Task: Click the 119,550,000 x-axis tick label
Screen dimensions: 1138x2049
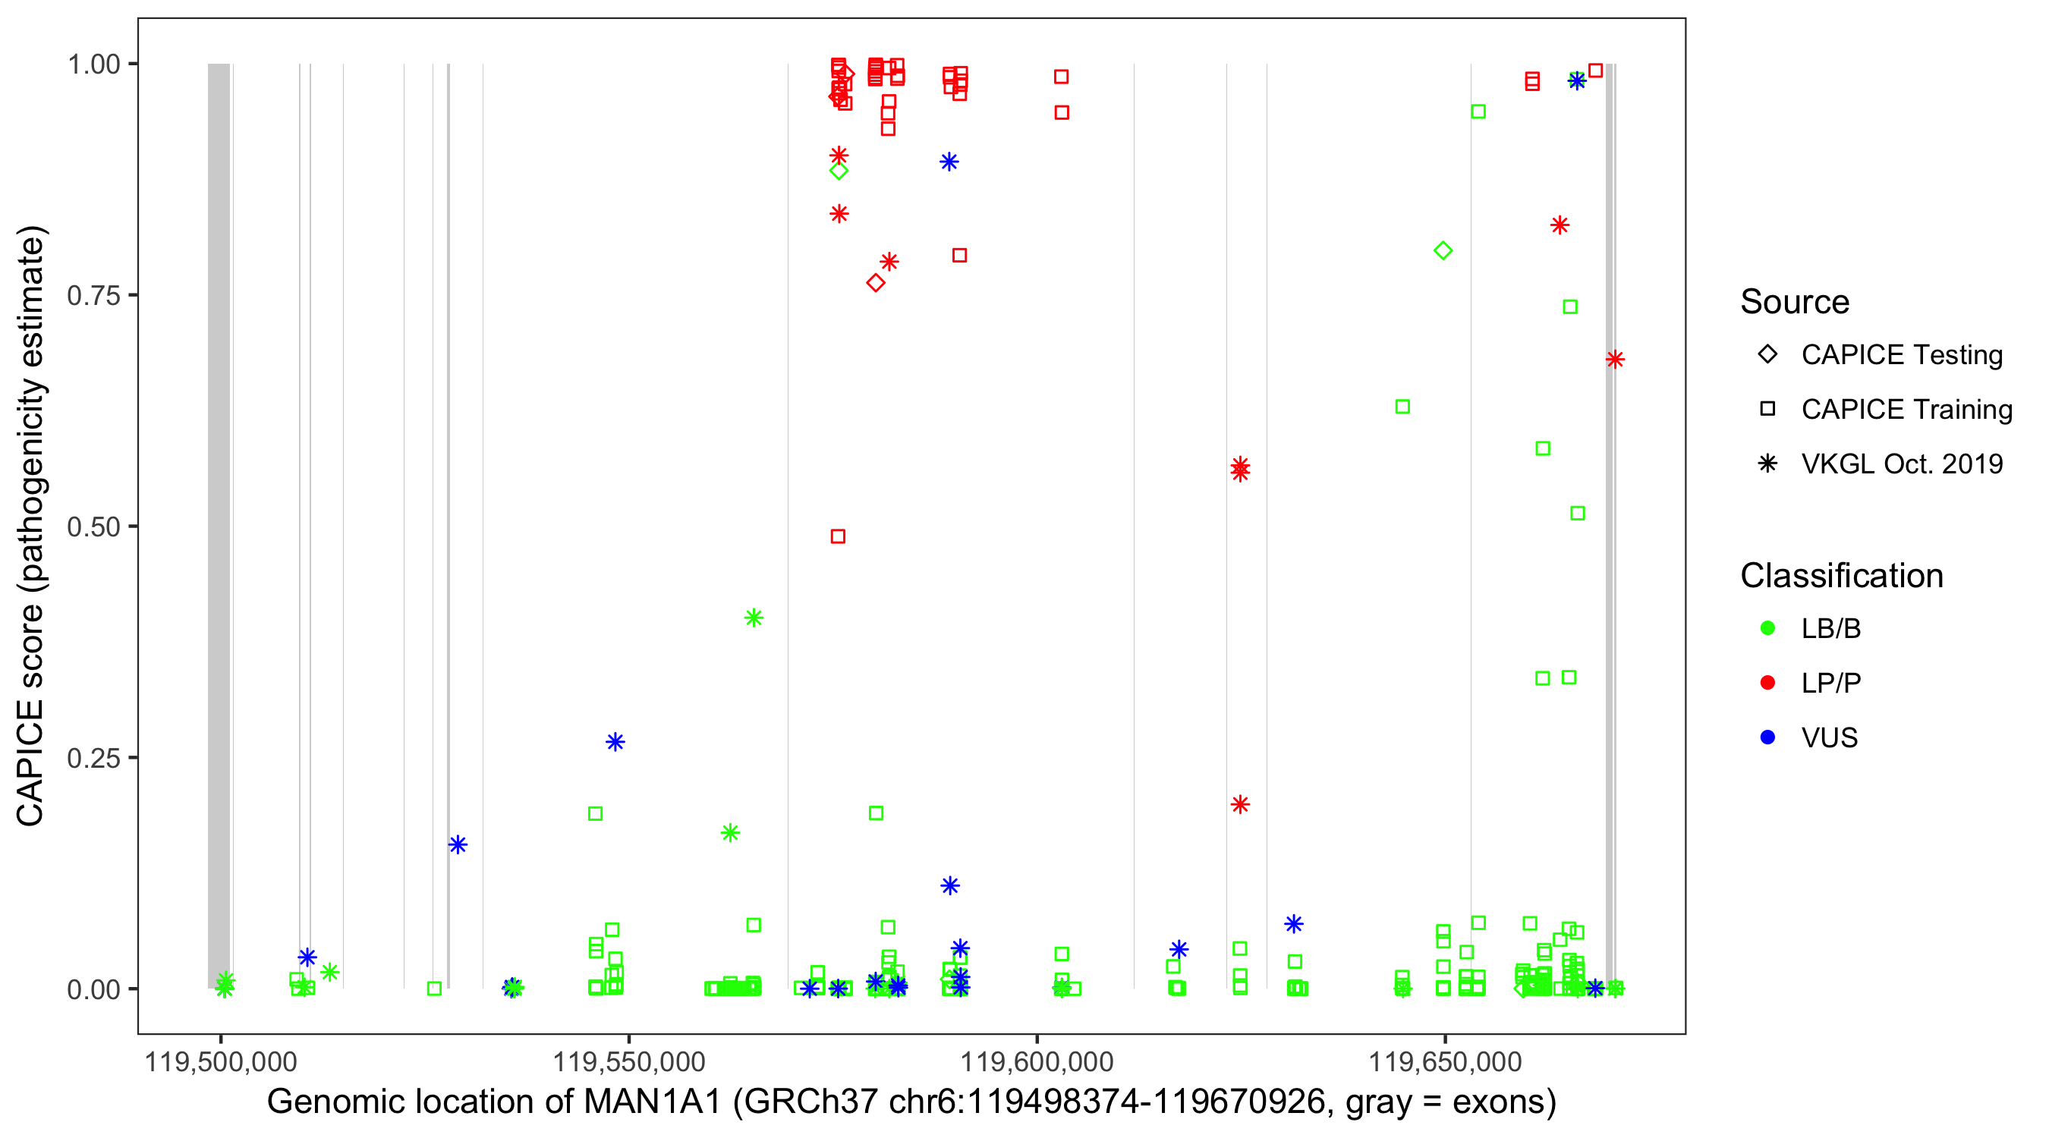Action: click(628, 1061)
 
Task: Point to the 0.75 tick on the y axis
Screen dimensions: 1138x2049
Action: click(93, 296)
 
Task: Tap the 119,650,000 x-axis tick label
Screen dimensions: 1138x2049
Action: click(1444, 1061)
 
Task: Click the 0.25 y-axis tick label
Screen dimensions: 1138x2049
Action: click(93, 758)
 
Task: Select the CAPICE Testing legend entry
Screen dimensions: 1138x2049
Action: click(1901, 355)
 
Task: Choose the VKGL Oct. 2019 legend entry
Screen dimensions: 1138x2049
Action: click(1901, 464)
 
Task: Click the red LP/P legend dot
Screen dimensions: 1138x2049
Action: click(1767, 683)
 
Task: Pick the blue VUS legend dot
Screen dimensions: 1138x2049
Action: click(1767, 737)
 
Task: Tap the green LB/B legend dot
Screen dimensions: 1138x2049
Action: click(1767, 628)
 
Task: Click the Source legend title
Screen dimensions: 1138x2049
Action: click(1795, 302)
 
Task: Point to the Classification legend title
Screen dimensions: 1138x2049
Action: click(1841, 576)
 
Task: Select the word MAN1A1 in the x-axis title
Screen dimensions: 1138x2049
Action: click(652, 1102)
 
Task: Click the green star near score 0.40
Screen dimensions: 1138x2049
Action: click(754, 618)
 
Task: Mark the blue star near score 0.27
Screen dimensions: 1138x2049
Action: click(615, 742)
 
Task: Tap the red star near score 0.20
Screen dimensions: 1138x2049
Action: click(1239, 805)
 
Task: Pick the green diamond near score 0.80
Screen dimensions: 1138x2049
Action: click(1443, 251)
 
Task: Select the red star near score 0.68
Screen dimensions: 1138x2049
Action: click(1614, 360)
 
